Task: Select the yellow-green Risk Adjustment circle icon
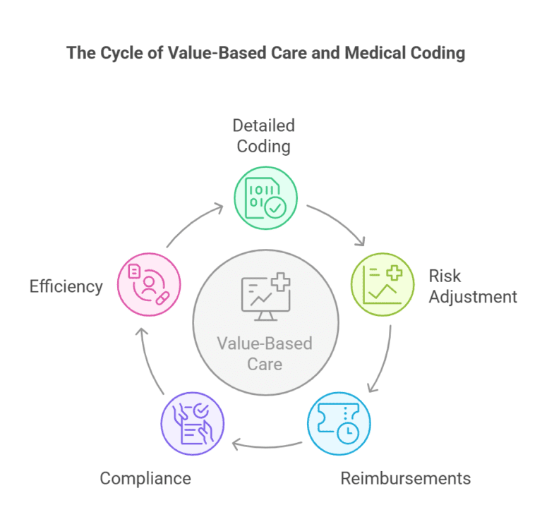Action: pos(382,283)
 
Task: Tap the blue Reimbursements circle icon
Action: pos(339,423)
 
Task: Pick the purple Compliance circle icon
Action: pos(193,424)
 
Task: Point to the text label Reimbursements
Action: pos(405,478)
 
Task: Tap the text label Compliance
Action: pos(145,478)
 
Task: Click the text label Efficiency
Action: pos(66,286)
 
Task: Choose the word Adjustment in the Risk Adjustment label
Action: pos(472,296)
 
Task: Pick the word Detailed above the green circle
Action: pos(263,126)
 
